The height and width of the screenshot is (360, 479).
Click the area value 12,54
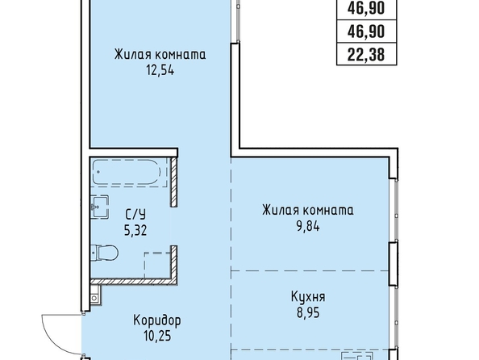[x=160, y=71]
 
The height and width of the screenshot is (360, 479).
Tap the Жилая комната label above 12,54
[x=160, y=54]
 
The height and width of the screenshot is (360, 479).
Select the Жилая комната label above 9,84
[x=308, y=210]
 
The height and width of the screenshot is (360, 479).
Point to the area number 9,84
[x=308, y=227]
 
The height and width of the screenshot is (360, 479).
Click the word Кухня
[x=308, y=297]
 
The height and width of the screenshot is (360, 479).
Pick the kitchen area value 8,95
[x=308, y=313]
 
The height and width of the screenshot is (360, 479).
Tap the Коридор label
[x=157, y=320]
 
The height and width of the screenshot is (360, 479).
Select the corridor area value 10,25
[x=157, y=336]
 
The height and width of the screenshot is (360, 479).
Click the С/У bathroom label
[x=135, y=214]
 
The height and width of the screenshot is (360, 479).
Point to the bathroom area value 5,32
[x=135, y=230]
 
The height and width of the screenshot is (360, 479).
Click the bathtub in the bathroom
[x=127, y=172]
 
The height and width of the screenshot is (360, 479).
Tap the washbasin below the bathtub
[x=99, y=207]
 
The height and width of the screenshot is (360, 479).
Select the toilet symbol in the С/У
[x=105, y=253]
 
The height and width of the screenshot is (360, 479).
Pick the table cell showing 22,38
[x=366, y=55]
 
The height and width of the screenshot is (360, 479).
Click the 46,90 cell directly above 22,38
[x=366, y=31]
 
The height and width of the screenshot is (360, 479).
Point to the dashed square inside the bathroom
[x=157, y=265]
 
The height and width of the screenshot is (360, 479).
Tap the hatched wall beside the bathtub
[x=174, y=182]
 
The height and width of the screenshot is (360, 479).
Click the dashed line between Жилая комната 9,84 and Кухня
[x=310, y=271]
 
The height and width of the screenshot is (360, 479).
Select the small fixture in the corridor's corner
[x=94, y=295]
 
